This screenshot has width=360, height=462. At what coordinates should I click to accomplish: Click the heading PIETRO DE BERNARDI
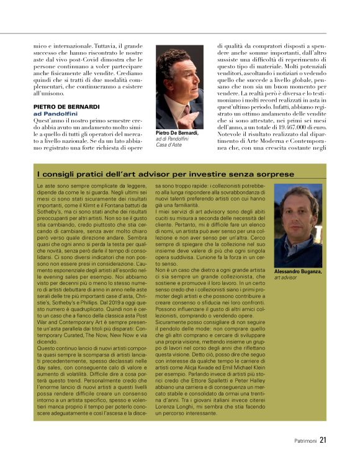[66, 107]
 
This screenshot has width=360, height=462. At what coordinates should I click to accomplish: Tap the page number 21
[323, 442]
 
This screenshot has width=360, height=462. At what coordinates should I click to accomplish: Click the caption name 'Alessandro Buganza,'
[298, 272]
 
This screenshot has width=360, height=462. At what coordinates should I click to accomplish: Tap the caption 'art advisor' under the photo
[286, 278]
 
